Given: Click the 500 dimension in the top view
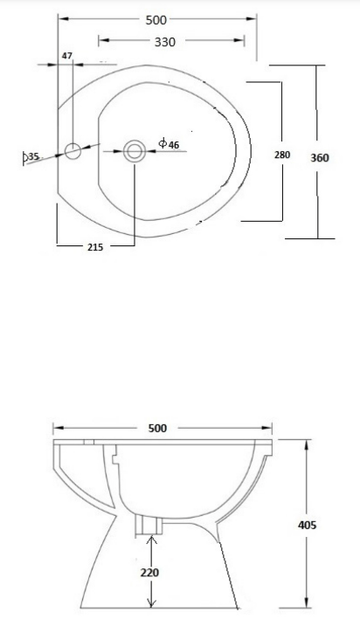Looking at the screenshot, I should (x=156, y=19).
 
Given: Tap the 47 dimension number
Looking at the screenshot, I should (x=67, y=56).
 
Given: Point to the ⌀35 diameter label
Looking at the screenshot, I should (x=31, y=156).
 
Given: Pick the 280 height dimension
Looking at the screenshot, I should (x=281, y=155).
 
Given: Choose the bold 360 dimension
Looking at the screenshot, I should (x=320, y=157).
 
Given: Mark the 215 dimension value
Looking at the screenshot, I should (x=95, y=247).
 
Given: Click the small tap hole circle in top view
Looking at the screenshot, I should (x=73, y=150).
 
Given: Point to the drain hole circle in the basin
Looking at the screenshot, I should (x=135, y=151).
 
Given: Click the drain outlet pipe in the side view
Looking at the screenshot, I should (x=149, y=526).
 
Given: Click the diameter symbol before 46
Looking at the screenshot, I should (x=163, y=143).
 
